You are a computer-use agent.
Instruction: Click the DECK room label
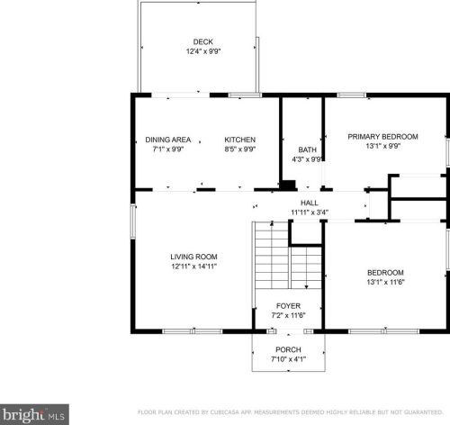[203, 41]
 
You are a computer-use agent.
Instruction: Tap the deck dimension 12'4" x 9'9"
[203, 51]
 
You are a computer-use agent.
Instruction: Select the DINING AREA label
[168, 140]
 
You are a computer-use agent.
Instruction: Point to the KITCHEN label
[240, 140]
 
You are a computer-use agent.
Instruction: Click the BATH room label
[307, 149]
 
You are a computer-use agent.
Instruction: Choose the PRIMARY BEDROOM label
[382, 137]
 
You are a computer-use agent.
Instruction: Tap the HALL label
[310, 203]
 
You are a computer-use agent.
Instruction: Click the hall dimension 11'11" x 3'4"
[310, 212]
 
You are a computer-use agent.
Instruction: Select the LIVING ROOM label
[193, 257]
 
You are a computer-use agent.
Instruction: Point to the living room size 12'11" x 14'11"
[193, 267]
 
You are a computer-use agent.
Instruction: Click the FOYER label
[288, 306]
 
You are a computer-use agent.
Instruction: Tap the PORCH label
[288, 349]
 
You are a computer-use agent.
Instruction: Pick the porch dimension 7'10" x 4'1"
[288, 359]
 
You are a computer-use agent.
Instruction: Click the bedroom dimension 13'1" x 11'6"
[385, 282]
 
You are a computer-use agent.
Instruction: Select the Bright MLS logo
[34, 414]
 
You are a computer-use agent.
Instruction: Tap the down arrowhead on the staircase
[306, 287]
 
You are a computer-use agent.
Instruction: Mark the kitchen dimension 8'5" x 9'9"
[240, 149]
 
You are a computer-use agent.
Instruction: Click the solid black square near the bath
[288, 185]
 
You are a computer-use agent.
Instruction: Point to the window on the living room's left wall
[133, 222]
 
